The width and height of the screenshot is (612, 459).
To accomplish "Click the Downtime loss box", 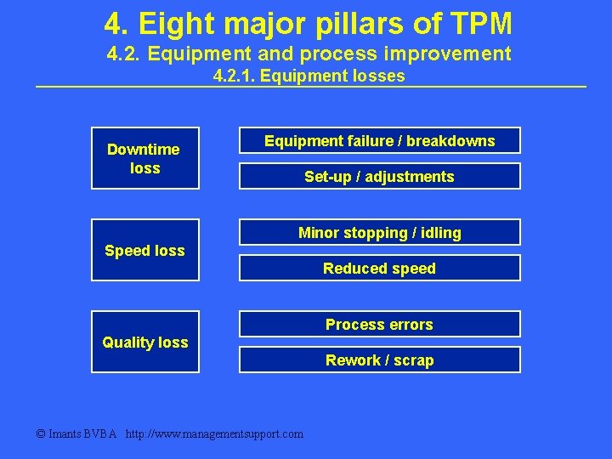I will [x=145, y=158].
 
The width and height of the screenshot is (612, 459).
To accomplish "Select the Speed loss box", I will [x=145, y=250].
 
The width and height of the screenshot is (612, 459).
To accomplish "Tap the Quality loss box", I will [x=145, y=342].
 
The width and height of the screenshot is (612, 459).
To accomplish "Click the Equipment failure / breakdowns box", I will [x=379, y=141].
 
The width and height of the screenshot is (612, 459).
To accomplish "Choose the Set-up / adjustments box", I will [x=379, y=177].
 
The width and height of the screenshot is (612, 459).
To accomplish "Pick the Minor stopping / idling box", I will [x=379, y=233].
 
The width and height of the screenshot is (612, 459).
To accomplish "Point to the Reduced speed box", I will [x=379, y=269].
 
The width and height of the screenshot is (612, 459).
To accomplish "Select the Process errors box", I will [x=379, y=325].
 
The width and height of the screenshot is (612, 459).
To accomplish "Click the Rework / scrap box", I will [x=379, y=360].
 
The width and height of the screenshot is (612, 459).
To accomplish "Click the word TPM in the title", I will [x=479, y=23].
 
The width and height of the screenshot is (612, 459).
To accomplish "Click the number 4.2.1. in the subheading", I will [x=235, y=76].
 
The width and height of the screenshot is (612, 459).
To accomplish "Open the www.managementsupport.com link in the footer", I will [x=214, y=433].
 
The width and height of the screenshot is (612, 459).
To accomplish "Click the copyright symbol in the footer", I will [x=41, y=433].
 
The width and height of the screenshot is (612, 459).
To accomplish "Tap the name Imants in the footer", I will [x=65, y=433].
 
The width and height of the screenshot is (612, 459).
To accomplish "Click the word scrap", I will [x=413, y=360].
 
